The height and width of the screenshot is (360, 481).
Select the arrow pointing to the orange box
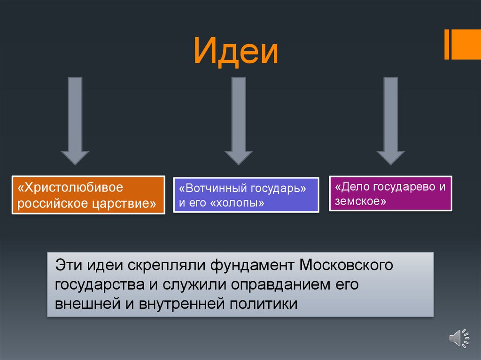click(x=75, y=121)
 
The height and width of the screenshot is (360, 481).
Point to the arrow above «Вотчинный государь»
click(x=239, y=121)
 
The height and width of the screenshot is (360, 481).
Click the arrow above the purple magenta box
click(x=391, y=121)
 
